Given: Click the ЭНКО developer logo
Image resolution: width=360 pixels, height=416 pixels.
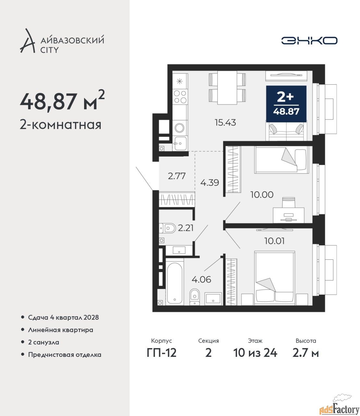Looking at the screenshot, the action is (x=309, y=40).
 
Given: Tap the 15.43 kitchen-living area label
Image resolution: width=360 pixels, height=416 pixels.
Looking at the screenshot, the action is (x=225, y=123).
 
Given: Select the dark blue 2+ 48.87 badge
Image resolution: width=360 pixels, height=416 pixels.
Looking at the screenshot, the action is (x=286, y=104).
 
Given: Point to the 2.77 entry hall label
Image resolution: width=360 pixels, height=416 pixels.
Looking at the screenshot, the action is (x=177, y=176).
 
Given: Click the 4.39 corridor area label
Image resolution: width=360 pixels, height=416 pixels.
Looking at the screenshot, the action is (x=209, y=183).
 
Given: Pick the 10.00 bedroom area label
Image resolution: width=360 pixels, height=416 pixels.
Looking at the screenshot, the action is (x=262, y=195).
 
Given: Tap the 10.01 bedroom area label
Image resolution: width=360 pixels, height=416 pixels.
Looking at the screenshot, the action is (x=274, y=241).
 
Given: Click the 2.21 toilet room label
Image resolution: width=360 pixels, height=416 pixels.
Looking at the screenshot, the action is (x=186, y=228).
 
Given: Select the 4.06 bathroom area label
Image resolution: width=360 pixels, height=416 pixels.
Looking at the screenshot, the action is (x=201, y=279).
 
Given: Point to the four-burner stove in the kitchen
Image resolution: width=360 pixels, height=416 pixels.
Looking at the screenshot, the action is (x=180, y=97).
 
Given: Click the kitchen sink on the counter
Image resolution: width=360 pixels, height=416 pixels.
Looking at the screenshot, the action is (x=180, y=143).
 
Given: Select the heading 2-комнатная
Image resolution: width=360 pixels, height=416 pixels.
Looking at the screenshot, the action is (x=60, y=125).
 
